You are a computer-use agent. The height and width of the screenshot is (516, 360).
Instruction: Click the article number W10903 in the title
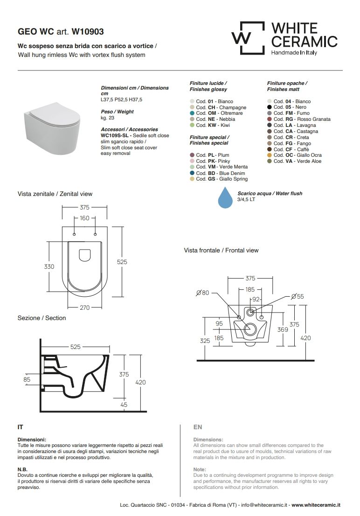coord(88,32)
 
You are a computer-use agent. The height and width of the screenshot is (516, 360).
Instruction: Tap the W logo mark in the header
coord(248,38)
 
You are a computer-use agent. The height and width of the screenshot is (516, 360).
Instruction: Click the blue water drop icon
coord(225,197)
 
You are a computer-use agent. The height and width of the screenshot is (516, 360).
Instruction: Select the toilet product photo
coord(52,129)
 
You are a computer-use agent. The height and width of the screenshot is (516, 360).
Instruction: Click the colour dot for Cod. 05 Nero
coord(270,107)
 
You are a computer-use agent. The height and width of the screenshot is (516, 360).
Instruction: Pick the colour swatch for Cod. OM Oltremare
coord(192,113)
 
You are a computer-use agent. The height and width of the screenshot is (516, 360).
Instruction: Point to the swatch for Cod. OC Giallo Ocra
coord(270,155)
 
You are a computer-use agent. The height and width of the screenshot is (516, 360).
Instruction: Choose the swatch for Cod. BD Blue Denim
coord(192,173)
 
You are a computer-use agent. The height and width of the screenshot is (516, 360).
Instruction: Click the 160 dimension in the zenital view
coord(84,218)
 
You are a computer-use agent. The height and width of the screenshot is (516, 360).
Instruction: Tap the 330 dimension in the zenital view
coord(49,266)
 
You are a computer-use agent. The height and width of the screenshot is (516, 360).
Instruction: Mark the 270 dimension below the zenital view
coord(84,307)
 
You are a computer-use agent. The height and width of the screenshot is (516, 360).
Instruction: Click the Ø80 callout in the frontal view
coord(202,293)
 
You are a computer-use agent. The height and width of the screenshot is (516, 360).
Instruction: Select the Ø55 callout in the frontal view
coord(298,296)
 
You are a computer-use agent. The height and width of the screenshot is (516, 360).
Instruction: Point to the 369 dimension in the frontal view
coord(283,329)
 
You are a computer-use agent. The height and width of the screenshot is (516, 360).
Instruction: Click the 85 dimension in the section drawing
coord(27,379)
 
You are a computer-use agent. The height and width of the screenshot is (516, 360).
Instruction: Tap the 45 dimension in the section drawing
coord(124,405)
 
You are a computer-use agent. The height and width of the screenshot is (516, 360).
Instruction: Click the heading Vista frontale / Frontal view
coord(221,251)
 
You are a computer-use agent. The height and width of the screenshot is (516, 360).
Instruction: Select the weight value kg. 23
coord(107,118)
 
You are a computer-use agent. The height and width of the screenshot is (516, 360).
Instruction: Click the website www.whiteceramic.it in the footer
coord(316,505)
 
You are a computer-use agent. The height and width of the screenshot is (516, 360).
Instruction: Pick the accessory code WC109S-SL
coord(115,135)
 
